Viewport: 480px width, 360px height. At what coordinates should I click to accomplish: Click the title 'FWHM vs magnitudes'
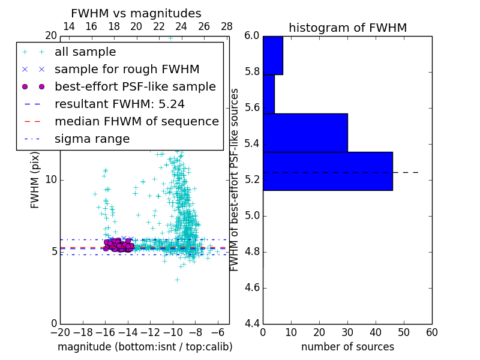(x=136, y=14)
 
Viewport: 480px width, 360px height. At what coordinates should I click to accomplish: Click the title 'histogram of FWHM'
(x=347, y=28)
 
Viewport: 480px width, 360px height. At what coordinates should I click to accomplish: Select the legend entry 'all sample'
(x=85, y=52)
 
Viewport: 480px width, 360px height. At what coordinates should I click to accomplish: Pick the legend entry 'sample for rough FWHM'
(x=127, y=70)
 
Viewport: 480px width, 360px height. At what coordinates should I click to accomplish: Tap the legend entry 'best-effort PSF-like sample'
(x=135, y=87)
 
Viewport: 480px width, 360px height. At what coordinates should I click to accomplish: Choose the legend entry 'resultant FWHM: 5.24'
(x=119, y=104)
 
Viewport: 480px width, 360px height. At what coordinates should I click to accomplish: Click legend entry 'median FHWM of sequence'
(x=136, y=122)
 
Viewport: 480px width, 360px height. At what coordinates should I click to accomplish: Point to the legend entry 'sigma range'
(x=92, y=139)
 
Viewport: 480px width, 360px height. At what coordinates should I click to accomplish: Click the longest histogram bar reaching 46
(x=328, y=171)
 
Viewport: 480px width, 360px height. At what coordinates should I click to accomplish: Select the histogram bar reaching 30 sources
(x=305, y=133)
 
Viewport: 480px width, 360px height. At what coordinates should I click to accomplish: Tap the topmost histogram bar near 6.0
(x=272, y=55)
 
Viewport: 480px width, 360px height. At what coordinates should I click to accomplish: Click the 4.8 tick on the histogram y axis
(x=251, y=252)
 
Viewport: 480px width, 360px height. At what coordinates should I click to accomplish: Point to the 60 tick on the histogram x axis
(x=431, y=332)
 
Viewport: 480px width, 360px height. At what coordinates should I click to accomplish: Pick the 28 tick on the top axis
(x=227, y=26)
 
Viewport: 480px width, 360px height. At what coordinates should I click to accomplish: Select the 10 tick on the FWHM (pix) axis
(x=51, y=180)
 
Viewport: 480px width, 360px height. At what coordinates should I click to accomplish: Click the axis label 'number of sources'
(x=347, y=347)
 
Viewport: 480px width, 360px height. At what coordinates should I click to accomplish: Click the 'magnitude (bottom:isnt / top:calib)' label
(x=145, y=347)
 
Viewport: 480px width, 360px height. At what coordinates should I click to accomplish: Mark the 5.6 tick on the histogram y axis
(x=251, y=108)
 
